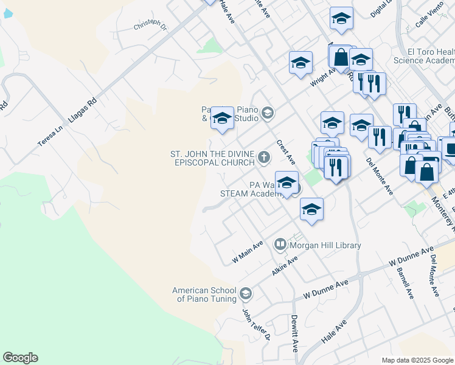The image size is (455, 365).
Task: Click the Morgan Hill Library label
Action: (325, 245)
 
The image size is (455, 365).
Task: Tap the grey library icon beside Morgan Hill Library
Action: (280, 245)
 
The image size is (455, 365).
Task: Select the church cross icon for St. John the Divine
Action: (264, 158)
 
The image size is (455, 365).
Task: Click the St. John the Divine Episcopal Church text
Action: (212, 158)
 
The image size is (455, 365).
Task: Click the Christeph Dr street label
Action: (150, 25)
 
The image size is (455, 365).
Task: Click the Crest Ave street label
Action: (285, 152)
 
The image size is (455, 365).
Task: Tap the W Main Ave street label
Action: (248, 252)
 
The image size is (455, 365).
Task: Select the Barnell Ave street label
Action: (405, 283)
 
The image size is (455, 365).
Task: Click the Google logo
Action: (20, 358)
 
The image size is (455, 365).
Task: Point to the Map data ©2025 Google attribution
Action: (417, 360)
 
